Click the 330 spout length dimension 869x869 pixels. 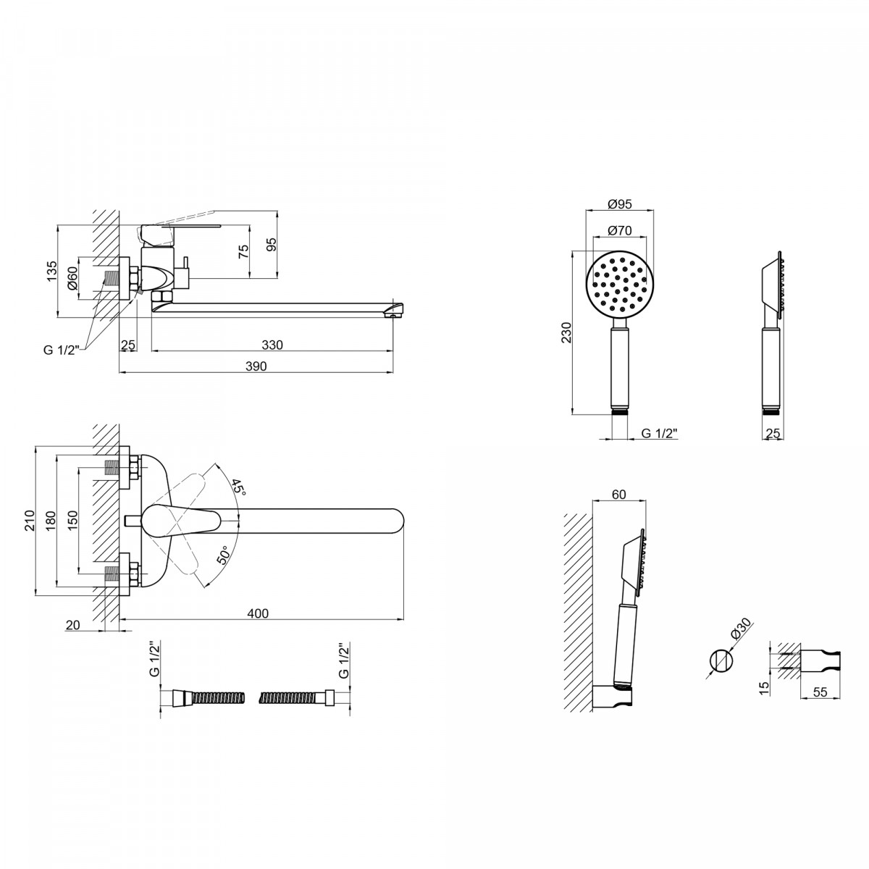[x=272, y=345]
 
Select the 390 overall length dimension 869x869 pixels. [x=256, y=366]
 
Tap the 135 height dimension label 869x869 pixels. [x=52, y=272]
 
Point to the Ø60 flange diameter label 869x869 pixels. [x=73, y=278]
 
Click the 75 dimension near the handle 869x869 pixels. [x=243, y=251]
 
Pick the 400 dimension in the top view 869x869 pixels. [x=258, y=613]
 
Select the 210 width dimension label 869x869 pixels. [x=29, y=520]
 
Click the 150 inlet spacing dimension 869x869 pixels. [x=73, y=520]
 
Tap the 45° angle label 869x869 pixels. [x=238, y=488]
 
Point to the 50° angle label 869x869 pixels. [x=224, y=555]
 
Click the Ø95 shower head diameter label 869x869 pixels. [x=620, y=204]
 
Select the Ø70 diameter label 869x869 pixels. [x=620, y=230]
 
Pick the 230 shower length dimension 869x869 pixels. [x=566, y=332]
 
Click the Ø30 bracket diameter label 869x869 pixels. [x=742, y=629]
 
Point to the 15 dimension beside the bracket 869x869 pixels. [x=764, y=688]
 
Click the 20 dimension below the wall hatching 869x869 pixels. [x=72, y=625]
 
